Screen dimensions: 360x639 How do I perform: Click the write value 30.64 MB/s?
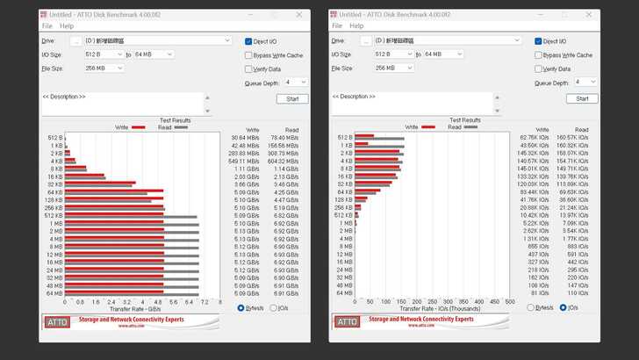[245, 138]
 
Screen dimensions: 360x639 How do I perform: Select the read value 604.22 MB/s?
[285, 162]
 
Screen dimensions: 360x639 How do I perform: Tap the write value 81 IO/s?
[532, 293]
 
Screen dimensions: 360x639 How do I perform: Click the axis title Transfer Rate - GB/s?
[134, 309]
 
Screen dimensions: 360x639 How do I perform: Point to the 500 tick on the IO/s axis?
[510, 302]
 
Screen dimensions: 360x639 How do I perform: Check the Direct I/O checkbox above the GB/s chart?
[249, 41]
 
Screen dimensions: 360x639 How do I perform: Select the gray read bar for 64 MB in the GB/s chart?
[132, 295]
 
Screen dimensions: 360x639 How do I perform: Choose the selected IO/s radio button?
[562, 308]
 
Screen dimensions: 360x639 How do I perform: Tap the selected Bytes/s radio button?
[241, 308]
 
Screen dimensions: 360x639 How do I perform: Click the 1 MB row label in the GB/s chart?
[56, 223]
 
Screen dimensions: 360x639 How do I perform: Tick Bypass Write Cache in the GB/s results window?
[249, 55]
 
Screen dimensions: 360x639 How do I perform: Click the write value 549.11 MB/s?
[245, 162]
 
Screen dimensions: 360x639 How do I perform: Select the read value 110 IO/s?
[578, 293]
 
